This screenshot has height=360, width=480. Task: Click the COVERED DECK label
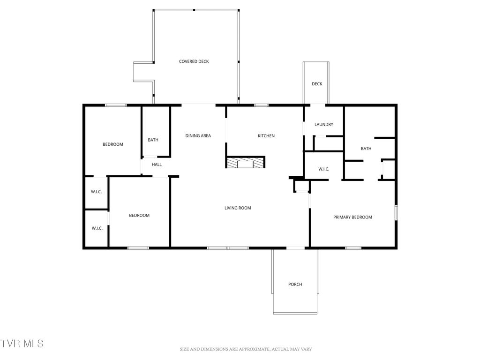point(194,61)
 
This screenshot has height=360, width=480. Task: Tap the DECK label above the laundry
point(317,84)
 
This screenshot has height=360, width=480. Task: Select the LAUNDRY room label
point(323,124)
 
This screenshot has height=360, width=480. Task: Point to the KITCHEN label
point(266,136)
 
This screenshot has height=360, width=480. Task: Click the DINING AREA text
point(198,136)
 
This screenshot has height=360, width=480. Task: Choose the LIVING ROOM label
point(238,208)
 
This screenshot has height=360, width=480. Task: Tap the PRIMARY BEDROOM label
point(352,217)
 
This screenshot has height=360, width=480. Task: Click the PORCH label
point(295,285)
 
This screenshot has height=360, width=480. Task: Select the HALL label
point(157,165)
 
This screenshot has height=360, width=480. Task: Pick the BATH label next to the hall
point(153,140)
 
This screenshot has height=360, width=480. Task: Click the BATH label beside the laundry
point(366,149)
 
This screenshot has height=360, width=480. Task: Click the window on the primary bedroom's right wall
point(396,213)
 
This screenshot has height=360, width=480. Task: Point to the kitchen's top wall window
point(261,105)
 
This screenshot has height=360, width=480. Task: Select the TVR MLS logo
point(22,344)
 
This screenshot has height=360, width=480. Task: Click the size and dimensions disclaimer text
point(246,349)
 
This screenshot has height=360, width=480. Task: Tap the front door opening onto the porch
point(295,247)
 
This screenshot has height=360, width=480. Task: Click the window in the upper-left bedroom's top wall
point(115,105)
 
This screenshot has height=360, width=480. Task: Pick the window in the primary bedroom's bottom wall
point(352,247)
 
